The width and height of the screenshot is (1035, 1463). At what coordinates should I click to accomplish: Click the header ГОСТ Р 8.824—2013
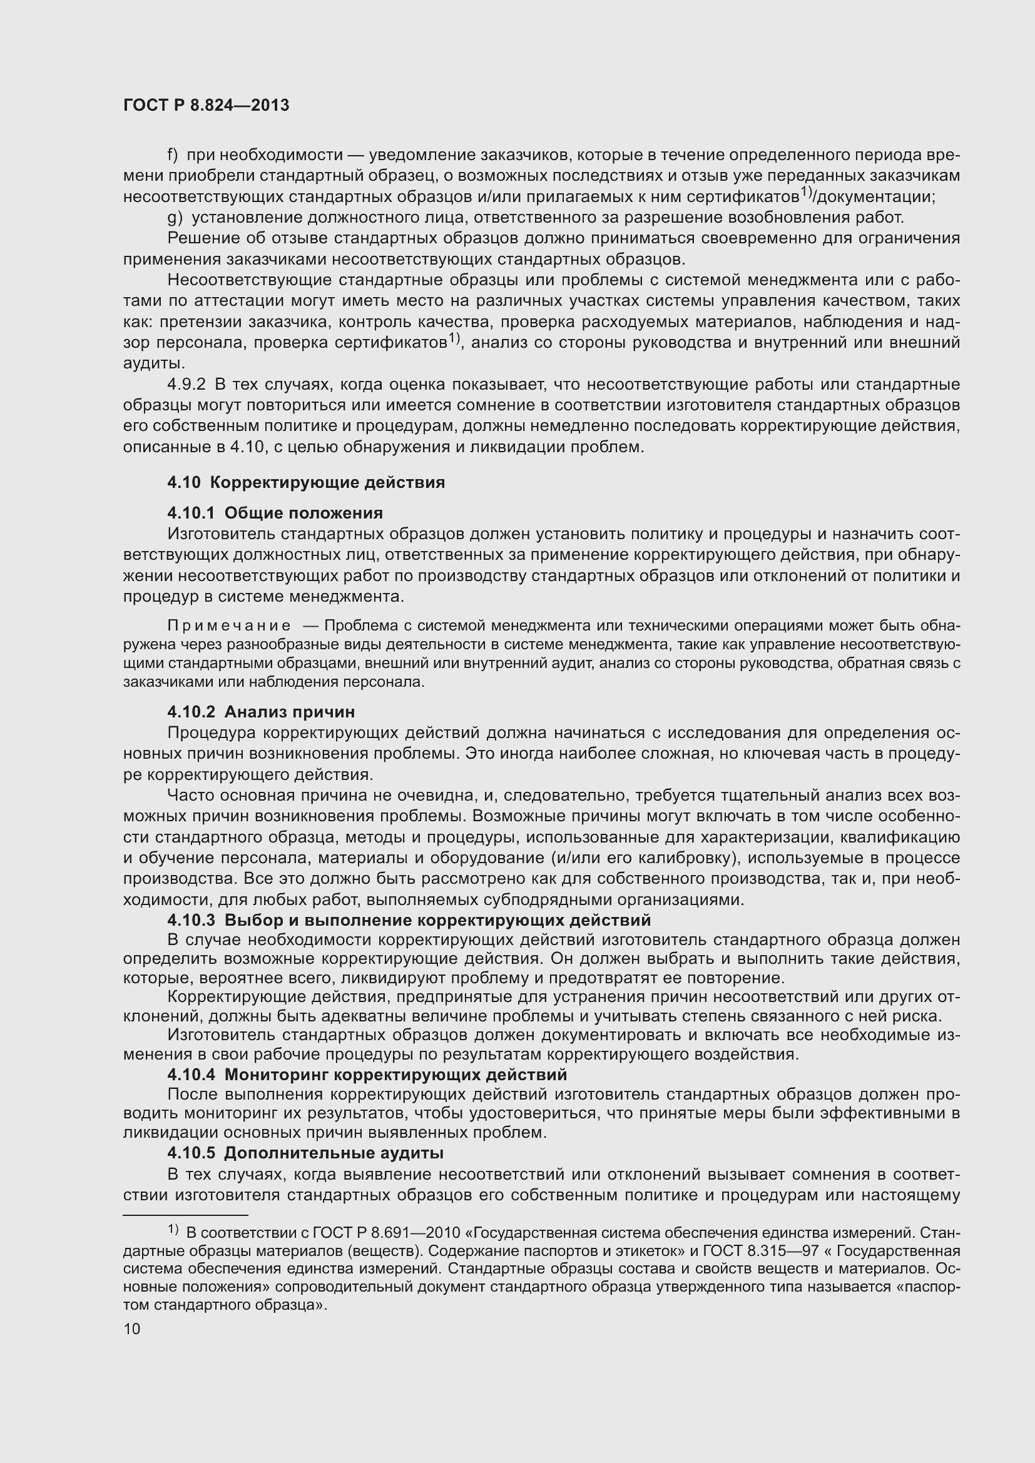[x=206, y=105]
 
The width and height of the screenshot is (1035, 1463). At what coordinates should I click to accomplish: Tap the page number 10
[x=132, y=1329]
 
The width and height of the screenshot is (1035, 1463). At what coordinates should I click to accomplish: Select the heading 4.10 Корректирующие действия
[x=306, y=482]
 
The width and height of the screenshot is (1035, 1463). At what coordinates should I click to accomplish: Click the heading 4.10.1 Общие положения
[x=275, y=513]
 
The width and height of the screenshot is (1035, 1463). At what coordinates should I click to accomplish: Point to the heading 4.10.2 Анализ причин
[x=261, y=712]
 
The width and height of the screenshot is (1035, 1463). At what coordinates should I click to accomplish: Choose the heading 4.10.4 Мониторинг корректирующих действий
[x=367, y=1075]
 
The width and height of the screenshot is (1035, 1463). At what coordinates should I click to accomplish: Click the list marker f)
[x=173, y=155]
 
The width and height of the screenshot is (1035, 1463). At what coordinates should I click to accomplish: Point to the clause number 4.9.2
[x=186, y=384]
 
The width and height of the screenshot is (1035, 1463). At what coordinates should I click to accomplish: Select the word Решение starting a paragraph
[x=201, y=238]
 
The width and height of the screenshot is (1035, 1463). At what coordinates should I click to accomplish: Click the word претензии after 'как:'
[x=200, y=321]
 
